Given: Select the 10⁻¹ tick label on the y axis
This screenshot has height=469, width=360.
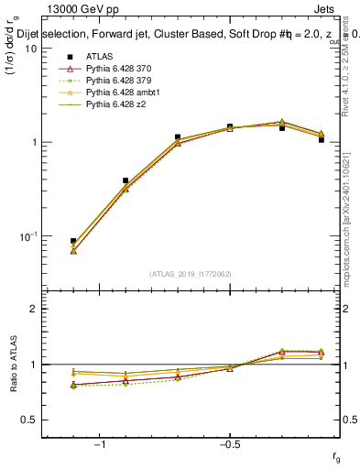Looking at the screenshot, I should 27,236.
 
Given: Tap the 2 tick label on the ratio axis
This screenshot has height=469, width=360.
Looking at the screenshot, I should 35,309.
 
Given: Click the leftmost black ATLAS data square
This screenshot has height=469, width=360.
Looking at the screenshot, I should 73,241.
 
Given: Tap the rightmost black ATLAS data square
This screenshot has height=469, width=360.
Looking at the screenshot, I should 322,140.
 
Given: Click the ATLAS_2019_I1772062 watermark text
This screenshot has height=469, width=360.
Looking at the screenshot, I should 190,274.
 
